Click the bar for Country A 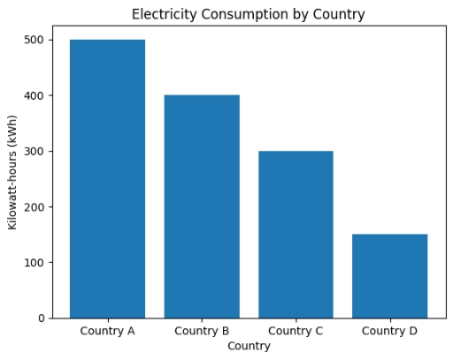click(107, 179)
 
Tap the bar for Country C click(296, 234)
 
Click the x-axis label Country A click(107, 332)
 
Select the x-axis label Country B click(202, 332)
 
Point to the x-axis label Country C click(296, 332)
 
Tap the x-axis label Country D click(390, 332)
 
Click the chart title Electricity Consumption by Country click(248, 14)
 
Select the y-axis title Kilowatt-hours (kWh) click(13, 172)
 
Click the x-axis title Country click(249, 347)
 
